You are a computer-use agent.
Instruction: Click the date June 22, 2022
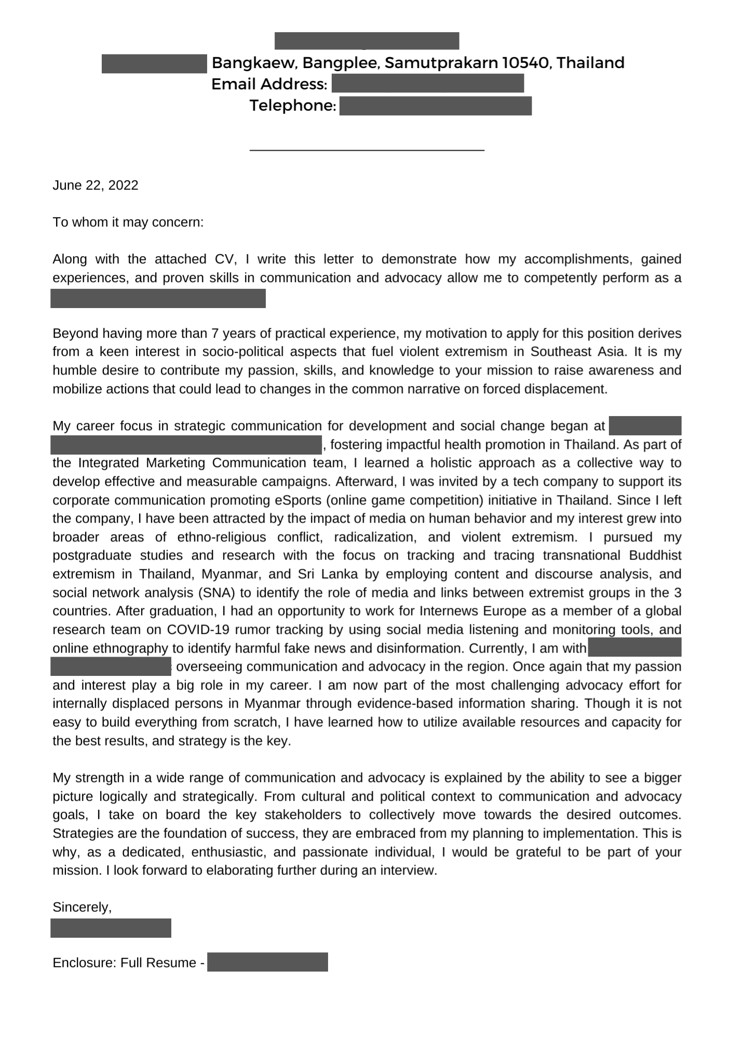(x=96, y=185)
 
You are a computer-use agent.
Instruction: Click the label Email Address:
(x=269, y=84)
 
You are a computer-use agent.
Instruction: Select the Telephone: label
(x=293, y=105)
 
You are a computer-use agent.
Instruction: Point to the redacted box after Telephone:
(x=435, y=105)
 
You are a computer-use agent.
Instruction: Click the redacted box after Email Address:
(x=427, y=84)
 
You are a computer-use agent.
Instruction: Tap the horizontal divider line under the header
(x=366, y=150)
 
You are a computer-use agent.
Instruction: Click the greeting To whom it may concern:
(x=128, y=222)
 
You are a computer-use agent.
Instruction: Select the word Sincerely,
(x=82, y=907)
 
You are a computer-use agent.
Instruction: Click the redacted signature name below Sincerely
(x=111, y=928)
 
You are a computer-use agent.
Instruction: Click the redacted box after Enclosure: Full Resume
(x=267, y=962)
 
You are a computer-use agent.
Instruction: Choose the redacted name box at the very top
(x=366, y=41)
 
